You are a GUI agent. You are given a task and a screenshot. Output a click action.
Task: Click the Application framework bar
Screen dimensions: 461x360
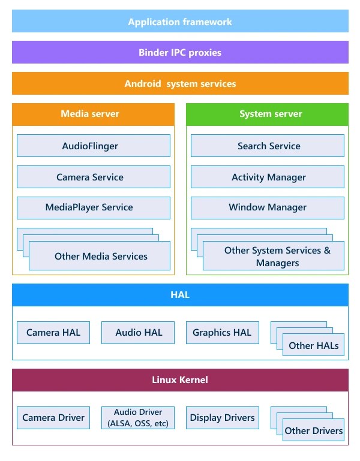[180, 22]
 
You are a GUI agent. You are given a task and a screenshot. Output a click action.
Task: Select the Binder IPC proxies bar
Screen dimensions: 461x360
[180, 52]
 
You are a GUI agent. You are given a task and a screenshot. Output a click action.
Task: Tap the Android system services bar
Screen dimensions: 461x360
[180, 83]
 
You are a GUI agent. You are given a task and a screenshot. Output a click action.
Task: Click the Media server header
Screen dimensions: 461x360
[93, 114]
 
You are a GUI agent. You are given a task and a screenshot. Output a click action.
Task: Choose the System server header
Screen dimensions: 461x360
[267, 114]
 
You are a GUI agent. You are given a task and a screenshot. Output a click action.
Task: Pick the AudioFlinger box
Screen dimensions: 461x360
[93, 146]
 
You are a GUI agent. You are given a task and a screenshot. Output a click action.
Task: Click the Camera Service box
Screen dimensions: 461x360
[93, 177]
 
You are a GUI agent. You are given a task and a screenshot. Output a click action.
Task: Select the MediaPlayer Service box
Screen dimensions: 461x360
[93, 207]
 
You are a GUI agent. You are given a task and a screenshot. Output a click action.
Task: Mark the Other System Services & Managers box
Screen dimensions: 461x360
[275, 257]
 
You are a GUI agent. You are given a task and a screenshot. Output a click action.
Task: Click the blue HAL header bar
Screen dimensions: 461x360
[180, 295]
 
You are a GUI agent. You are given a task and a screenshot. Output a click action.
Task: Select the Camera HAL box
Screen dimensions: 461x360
[53, 333]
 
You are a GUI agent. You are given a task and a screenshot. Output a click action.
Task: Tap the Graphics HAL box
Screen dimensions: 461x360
[222, 333]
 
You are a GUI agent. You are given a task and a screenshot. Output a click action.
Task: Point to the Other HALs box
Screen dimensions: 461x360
[313, 345]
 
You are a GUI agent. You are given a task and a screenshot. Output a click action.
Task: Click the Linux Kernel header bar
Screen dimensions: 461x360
[180, 380]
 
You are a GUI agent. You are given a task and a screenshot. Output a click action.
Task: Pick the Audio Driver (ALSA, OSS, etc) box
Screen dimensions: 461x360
[138, 418]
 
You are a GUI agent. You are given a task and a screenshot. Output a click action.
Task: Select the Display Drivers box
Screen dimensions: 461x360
[222, 418]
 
